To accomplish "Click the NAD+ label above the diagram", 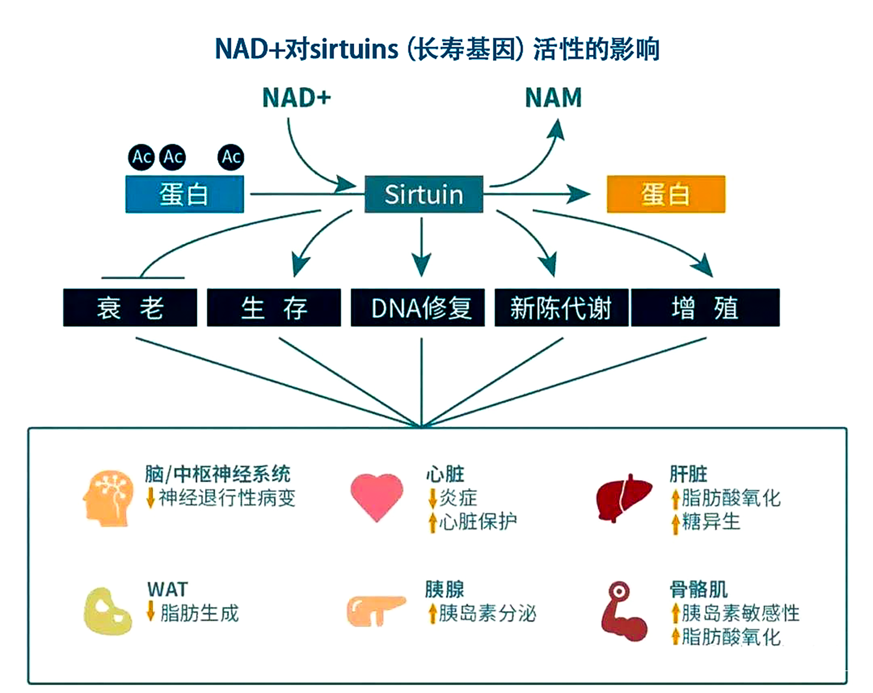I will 296,97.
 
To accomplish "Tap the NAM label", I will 553,97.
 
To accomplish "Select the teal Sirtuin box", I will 424,194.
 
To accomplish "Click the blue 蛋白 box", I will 185,194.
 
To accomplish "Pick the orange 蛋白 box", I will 666,194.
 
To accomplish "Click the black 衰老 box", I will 130,307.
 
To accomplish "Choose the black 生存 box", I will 274,307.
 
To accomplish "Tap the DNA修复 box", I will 417,307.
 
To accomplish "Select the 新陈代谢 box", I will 561,307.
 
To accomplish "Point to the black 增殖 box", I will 705,307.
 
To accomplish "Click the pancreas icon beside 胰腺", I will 376,611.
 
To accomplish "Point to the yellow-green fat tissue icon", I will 107,611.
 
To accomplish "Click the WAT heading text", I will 167,590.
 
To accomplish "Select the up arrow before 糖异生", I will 675,523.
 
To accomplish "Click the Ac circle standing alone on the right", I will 231,157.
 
